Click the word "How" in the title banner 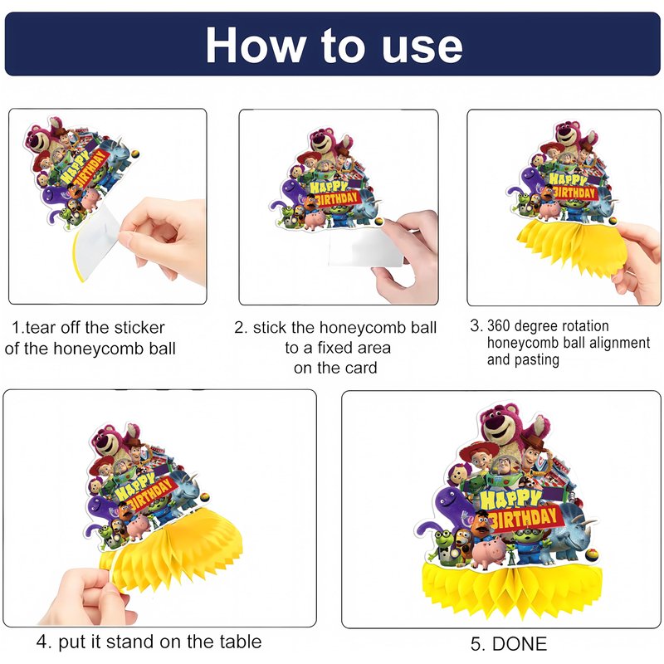[x=256, y=45]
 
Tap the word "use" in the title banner [x=422, y=48]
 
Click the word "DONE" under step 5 [x=520, y=644]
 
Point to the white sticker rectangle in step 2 [x=365, y=247]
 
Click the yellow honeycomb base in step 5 [x=512, y=587]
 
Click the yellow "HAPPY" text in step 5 [x=511, y=500]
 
